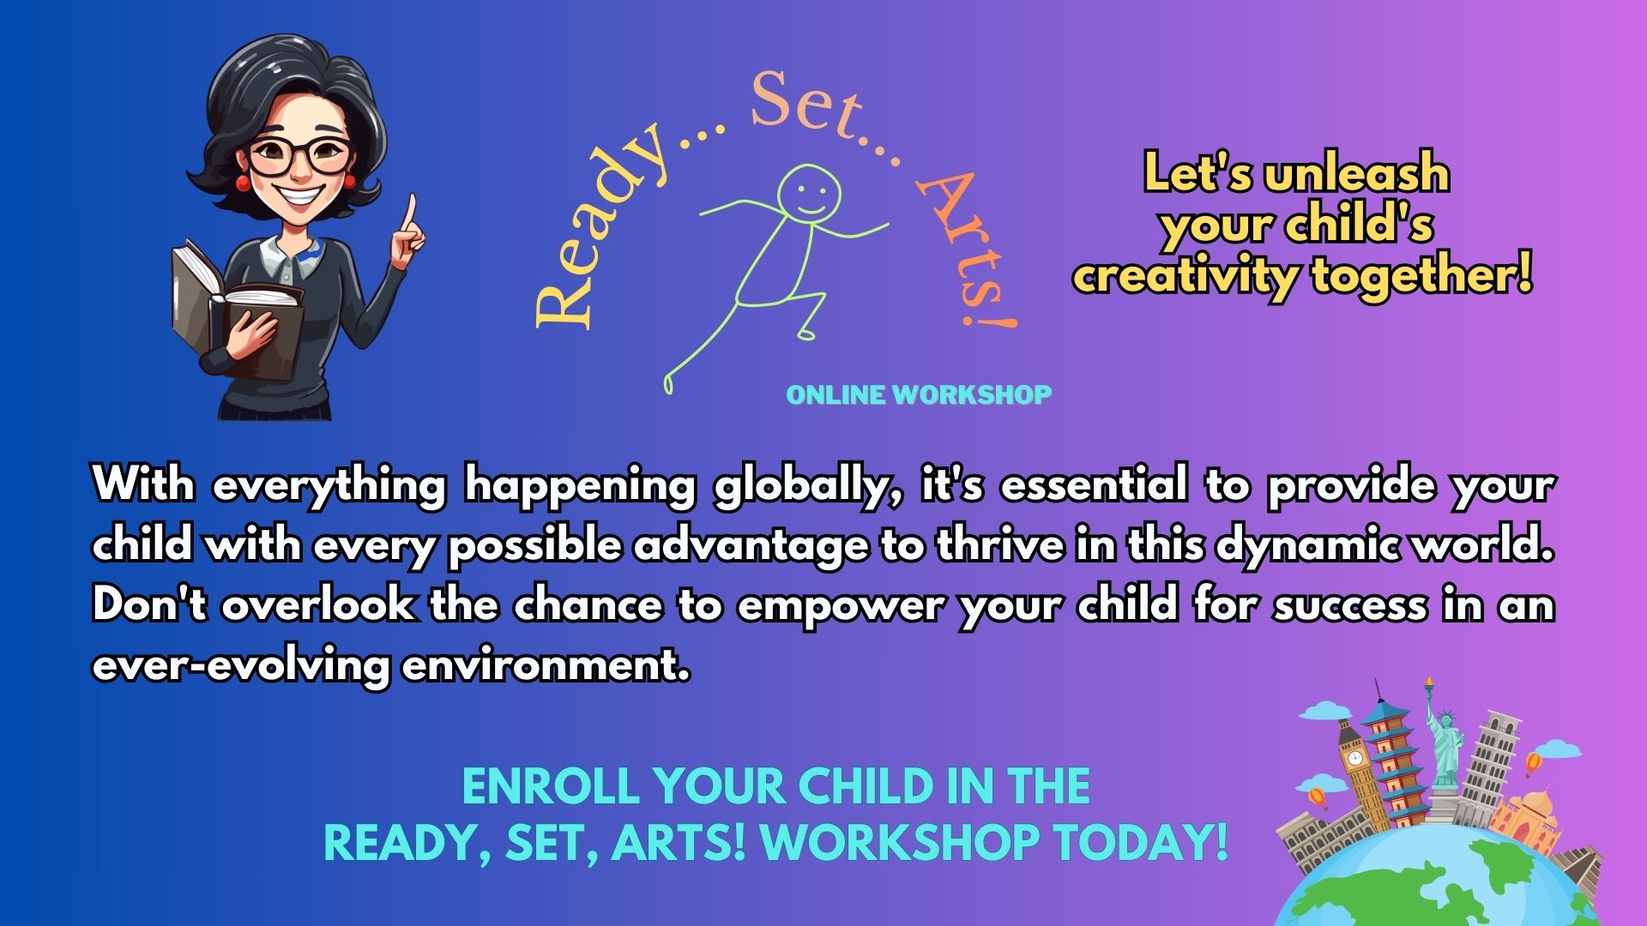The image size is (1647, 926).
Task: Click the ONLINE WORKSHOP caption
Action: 919,395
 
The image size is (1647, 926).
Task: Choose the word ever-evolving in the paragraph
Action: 241,666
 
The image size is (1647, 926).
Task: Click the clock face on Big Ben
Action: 1354,759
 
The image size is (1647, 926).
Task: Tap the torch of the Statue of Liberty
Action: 1429,686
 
